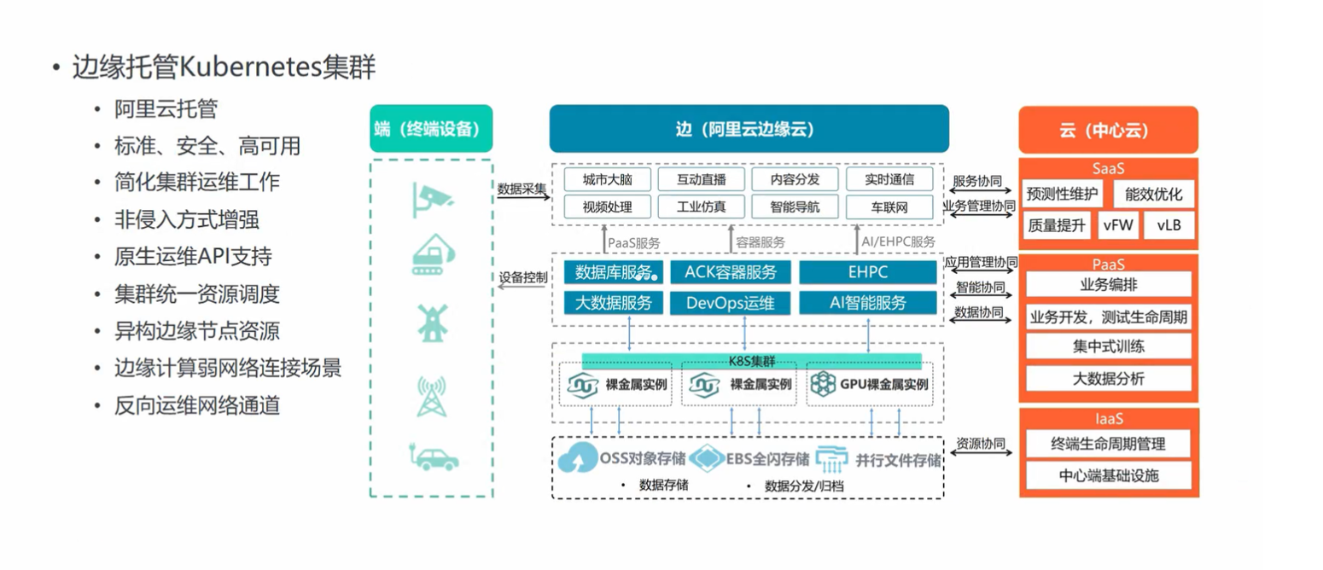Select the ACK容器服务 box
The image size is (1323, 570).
[x=731, y=272]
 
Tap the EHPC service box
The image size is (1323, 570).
[x=867, y=272]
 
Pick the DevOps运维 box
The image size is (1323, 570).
[x=731, y=302]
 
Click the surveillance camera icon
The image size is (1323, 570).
[x=431, y=198]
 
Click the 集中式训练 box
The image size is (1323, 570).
[x=1108, y=346]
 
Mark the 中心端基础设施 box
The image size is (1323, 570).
[x=1108, y=475]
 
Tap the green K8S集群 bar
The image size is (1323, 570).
[x=751, y=358]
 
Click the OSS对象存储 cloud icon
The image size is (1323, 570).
[x=578, y=460]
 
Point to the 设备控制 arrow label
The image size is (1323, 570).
[x=523, y=278]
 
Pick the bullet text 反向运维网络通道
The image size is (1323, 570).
[x=197, y=405]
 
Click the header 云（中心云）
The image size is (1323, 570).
[x=1108, y=131]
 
